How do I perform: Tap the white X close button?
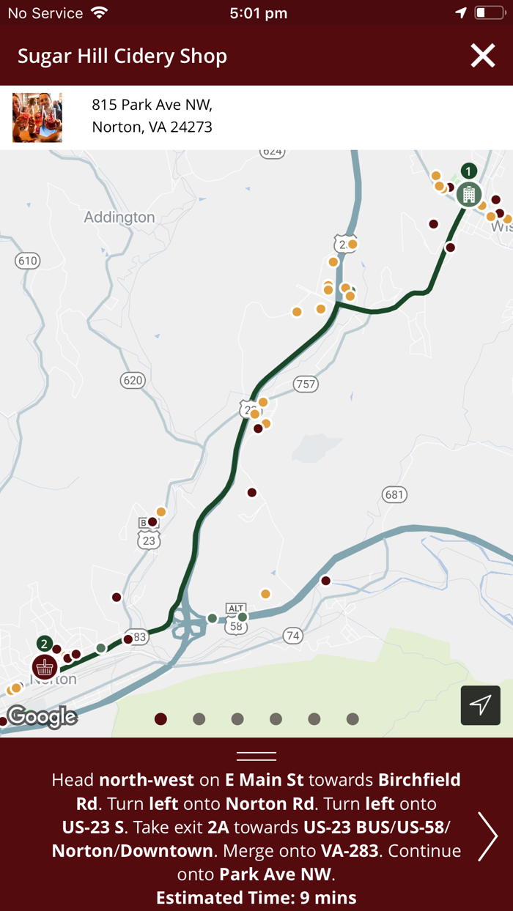[483, 56]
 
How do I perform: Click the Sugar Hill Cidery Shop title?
[122, 56]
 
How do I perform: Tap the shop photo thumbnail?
[37, 117]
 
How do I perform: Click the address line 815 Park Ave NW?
[152, 105]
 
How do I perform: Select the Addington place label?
[119, 217]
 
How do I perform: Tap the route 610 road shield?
[27, 261]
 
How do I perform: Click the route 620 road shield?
[133, 380]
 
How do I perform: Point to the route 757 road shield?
[306, 384]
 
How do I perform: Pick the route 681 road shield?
[394, 494]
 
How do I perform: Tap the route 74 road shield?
[293, 636]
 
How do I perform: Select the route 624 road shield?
[272, 152]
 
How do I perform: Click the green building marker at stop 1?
[469, 195]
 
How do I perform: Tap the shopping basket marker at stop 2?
[45, 667]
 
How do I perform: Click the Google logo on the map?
[42, 717]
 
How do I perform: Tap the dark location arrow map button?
[481, 705]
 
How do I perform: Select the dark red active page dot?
[161, 719]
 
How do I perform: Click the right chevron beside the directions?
[487, 836]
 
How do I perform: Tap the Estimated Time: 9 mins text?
[256, 897]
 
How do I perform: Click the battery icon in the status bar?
[489, 13]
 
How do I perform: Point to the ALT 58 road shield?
[236, 620]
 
